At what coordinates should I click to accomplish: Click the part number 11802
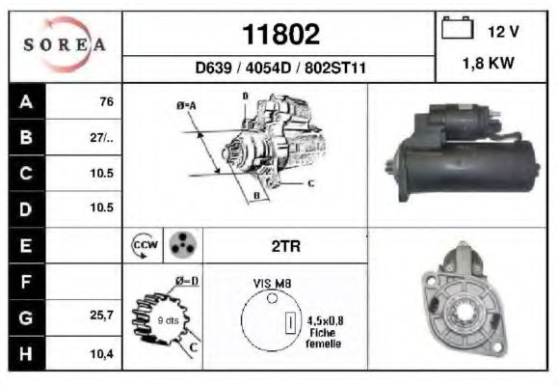tap(280, 35)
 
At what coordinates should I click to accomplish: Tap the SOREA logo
tap(65, 44)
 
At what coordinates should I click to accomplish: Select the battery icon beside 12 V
tap(458, 27)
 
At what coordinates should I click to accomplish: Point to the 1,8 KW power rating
tap(488, 63)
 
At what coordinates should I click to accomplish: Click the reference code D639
tap(214, 68)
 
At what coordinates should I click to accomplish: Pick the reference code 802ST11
tap(335, 68)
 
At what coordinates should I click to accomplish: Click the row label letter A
tap(26, 101)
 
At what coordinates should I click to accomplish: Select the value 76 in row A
tap(107, 101)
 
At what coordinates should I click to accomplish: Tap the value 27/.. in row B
tap(101, 138)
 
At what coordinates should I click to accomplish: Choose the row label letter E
tap(26, 246)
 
